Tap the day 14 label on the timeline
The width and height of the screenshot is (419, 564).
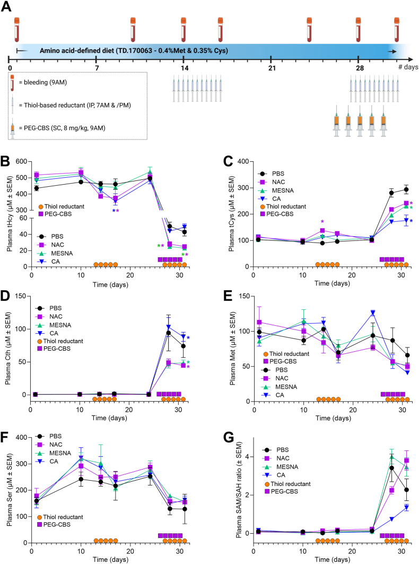[x=184, y=68]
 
